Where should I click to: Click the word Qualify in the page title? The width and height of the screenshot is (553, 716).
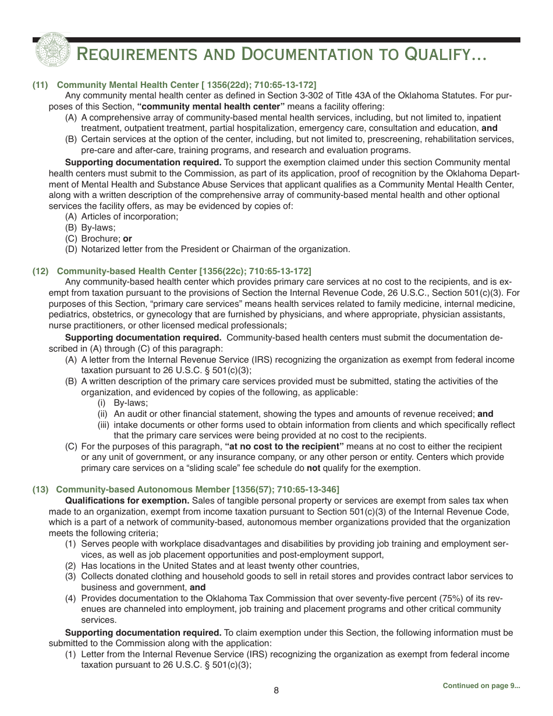click(x=444, y=55)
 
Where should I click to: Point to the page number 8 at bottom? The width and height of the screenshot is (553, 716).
click(x=276, y=690)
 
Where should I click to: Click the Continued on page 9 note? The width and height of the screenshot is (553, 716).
click(x=481, y=686)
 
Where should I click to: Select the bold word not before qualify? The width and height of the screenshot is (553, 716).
click(x=314, y=468)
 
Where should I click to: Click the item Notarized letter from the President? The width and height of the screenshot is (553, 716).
click(x=215, y=249)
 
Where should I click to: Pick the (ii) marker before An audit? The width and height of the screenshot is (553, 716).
click(x=102, y=414)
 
